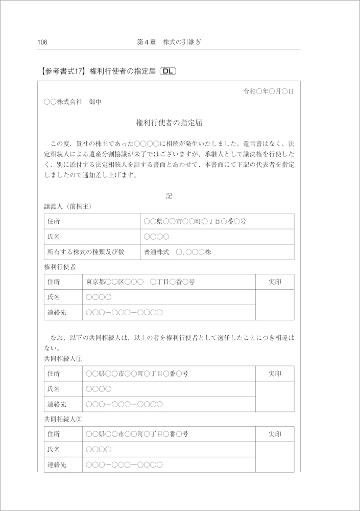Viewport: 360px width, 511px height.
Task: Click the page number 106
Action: (x=42, y=42)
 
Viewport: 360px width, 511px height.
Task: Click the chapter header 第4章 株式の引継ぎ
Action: (x=169, y=42)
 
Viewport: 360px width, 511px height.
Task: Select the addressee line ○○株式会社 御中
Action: (x=73, y=102)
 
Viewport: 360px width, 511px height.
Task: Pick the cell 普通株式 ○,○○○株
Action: (x=181, y=252)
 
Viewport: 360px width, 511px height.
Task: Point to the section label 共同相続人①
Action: (x=64, y=359)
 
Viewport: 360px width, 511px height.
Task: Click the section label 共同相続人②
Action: (x=64, y=419)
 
